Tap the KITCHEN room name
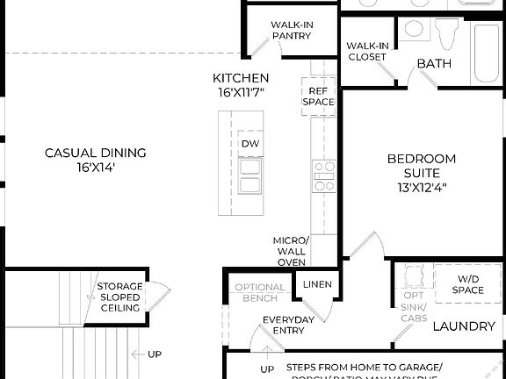(241, 78)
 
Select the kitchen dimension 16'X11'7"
(241, 91)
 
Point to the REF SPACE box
(318, 96)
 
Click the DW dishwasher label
(249, 144)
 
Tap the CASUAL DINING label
(96, 153)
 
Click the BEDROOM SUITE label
(423, 166)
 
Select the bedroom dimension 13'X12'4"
(423, 187)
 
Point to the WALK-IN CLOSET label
(366, 51)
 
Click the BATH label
(434, 63)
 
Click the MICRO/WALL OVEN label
(292, 251)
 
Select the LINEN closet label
(316, 285)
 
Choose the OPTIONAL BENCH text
(260, 293)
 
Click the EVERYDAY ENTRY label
(288, 325)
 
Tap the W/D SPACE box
(467, 284)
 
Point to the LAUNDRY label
(464, 326)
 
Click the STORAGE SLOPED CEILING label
(119, 297)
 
